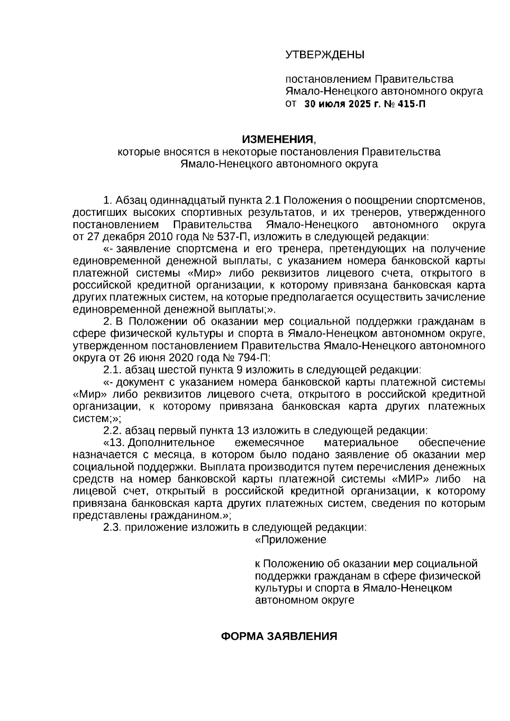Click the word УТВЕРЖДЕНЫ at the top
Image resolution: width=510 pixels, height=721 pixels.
[325, 55]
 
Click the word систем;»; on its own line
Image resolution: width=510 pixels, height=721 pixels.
[97, 418]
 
